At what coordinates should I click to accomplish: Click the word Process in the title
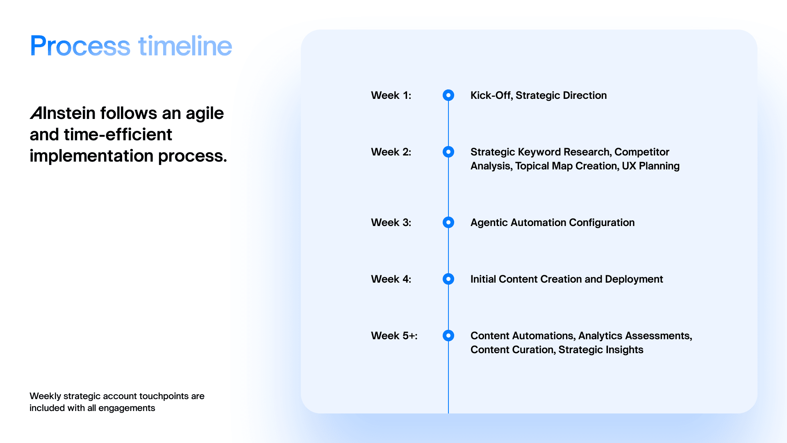pyautogui.click(x=80, y=46)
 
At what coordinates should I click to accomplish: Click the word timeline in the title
pyautogui.click(x=185, y=46)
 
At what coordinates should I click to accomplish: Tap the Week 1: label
pyautogui.click(x=391, y=95)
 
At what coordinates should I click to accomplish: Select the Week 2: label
pyautogui.click(x=391, y=152)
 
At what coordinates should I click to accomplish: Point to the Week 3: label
pyautogui.click(x=391, y=222)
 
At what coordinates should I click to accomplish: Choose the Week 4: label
pyautogui.click(x=391, y=279)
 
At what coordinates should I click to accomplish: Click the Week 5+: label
pyautogui.click(x=394, y=336)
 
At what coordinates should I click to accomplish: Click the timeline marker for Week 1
pyautogui.click(x=448, y=95)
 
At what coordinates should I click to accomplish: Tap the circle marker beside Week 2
pyautogui.click(x=448, y=152)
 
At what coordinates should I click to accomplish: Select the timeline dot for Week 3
pyautogui.click(x=448, y=222)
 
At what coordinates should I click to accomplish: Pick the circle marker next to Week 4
pyautogui.click(x=448, y=279)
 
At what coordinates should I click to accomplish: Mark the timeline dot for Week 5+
pyautogui.click(x=448, y=336)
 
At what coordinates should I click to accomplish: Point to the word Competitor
pyautogui.click(x=641, y=152)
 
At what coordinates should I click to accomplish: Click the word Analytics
pyautogui.click(x=600, y=336)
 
